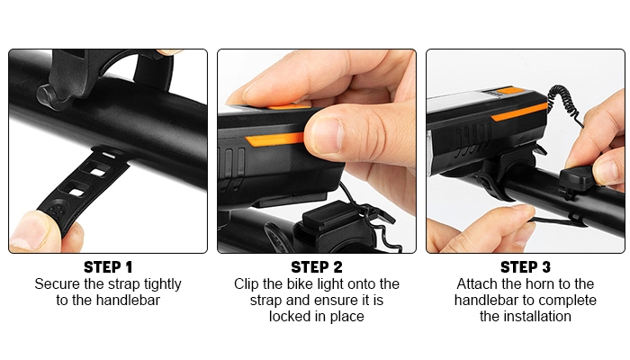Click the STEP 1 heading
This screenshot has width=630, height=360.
[108, 267]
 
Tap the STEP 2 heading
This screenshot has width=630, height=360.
[317, 267]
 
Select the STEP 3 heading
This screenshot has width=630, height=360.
[526, 267]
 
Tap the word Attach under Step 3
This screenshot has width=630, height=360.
[478, 284]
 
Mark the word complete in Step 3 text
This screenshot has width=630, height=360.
[571, 301]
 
